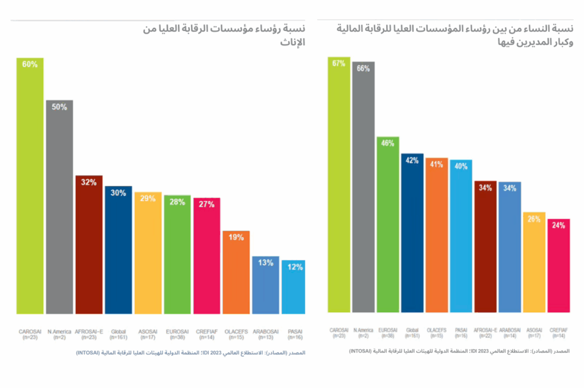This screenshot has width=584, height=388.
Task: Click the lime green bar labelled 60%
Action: click(x=30, y=188)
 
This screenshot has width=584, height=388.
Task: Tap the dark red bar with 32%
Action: click(x=89, y=245)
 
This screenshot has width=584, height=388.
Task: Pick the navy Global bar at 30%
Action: click(x=119, y=251)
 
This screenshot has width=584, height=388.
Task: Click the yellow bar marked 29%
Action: click(x=148, y=254)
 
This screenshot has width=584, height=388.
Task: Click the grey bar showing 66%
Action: click(x=363, y=188)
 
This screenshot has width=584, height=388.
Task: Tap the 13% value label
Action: click(x=266, y=263)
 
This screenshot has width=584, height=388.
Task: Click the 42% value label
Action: click(x=412, y=161)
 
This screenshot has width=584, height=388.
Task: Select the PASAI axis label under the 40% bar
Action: click(x=461, y=332)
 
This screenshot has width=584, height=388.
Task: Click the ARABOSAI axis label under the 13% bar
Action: click(x=266, y=334)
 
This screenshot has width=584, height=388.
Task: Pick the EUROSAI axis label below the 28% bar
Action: click(x=177, y=334)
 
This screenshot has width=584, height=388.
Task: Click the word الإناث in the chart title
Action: click(x=294, y=42)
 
